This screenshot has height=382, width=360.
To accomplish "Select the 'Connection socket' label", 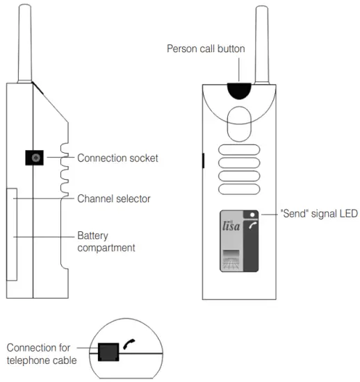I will (117, 158).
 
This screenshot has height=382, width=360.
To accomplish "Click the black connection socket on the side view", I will (35, 158).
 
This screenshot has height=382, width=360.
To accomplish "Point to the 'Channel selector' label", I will (114, 199).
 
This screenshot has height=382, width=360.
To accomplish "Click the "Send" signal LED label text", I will (318, 214).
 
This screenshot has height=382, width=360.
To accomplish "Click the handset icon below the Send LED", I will (253, 226).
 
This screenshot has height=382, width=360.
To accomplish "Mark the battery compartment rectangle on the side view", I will (12, 233).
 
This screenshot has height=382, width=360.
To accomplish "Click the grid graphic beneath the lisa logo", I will (231, 260).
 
